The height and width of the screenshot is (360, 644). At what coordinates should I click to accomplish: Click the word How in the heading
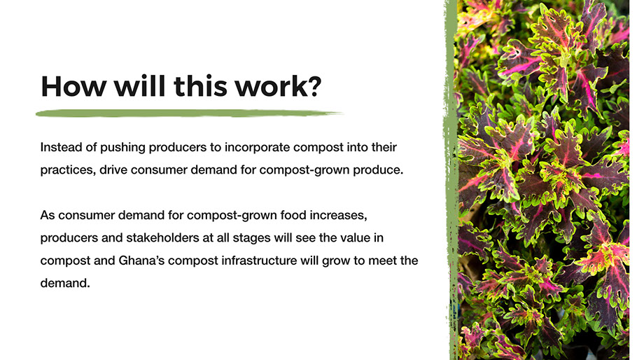tap(73, 86)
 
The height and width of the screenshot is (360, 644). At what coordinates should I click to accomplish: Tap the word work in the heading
tap(270, 86)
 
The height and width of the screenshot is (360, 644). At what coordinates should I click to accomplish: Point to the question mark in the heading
tap(315, 86)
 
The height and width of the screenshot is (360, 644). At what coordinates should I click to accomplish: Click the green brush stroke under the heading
tap(189, 113)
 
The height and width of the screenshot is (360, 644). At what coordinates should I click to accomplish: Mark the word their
tap(384, 147)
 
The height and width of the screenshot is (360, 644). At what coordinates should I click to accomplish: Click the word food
tap(293, 215)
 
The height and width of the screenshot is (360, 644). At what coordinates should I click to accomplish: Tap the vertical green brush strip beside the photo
tap(451, 180)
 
